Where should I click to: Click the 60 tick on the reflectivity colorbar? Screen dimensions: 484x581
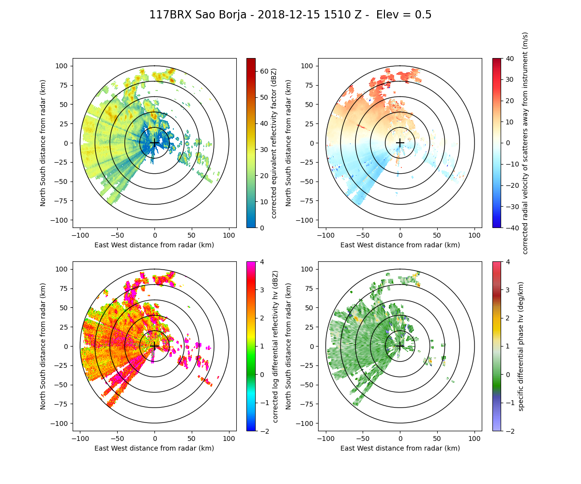261,71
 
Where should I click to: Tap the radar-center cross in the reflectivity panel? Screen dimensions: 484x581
154,143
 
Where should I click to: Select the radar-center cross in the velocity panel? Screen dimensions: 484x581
400,143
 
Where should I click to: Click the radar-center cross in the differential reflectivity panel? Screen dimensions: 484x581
154,346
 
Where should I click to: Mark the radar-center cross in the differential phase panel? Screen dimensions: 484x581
400,346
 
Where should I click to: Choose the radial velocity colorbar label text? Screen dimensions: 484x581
525,143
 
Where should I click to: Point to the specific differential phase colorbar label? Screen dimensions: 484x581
521,346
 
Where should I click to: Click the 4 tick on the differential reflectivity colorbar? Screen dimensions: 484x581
261,261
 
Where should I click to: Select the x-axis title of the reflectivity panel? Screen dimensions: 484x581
154,245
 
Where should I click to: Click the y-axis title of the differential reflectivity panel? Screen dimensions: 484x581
43,346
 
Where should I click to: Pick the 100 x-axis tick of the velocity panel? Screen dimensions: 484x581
474,235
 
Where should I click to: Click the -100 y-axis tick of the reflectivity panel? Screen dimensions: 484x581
62,220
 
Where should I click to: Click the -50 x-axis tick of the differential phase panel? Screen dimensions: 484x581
363,439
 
